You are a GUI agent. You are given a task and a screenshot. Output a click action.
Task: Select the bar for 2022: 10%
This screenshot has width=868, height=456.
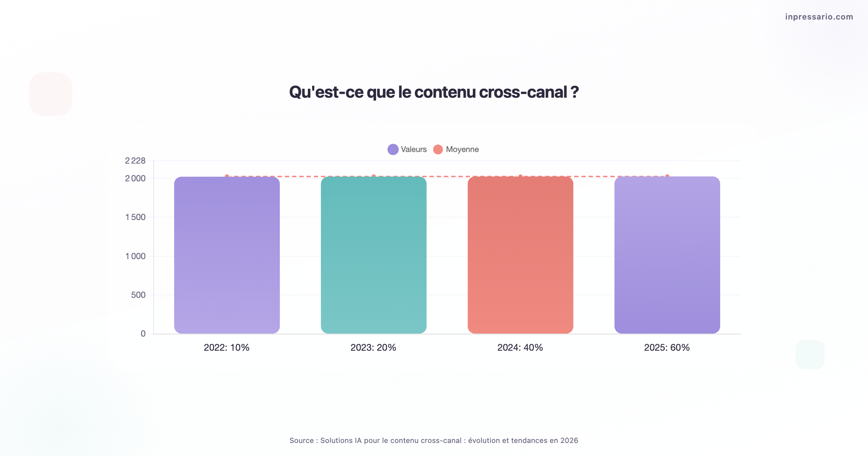[227, 255]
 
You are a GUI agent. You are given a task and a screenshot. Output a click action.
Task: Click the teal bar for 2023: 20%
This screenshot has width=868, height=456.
[374, 255]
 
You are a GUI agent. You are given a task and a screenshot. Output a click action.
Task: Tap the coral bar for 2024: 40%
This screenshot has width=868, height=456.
[520, 255]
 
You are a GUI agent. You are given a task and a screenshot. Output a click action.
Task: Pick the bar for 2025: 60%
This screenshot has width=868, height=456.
[667, 255]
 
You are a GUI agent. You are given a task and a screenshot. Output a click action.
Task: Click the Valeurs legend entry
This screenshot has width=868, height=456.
[407, 149]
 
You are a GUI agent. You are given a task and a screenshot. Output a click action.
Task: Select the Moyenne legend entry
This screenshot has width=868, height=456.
[456, 149]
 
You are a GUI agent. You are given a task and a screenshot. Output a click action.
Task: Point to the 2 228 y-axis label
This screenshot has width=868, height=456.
[135, 161]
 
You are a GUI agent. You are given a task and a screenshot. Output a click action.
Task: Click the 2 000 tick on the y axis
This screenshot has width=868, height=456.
[135, 178]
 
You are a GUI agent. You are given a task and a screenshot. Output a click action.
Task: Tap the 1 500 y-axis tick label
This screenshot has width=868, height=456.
[135, 217]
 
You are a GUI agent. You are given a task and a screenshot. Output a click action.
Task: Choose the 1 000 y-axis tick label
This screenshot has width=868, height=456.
[135, 256]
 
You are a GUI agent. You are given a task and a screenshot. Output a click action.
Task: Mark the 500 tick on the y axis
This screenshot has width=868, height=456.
[138, 295]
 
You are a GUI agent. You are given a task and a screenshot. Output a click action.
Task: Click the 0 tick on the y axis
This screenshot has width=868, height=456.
[143, 334]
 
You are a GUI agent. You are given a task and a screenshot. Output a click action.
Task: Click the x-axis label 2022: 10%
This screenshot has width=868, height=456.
[227, 347]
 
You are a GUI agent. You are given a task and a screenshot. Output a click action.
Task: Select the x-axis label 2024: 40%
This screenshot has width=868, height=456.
[520, 347]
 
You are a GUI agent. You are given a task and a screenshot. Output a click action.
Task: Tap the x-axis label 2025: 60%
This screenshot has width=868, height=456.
[667, 347]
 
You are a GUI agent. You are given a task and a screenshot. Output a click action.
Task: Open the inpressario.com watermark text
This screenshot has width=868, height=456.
[819, 17]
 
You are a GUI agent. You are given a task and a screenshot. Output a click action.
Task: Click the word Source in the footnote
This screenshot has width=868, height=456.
[302, 440]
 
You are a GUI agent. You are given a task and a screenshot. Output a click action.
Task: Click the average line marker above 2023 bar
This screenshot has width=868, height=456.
[374, 177]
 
